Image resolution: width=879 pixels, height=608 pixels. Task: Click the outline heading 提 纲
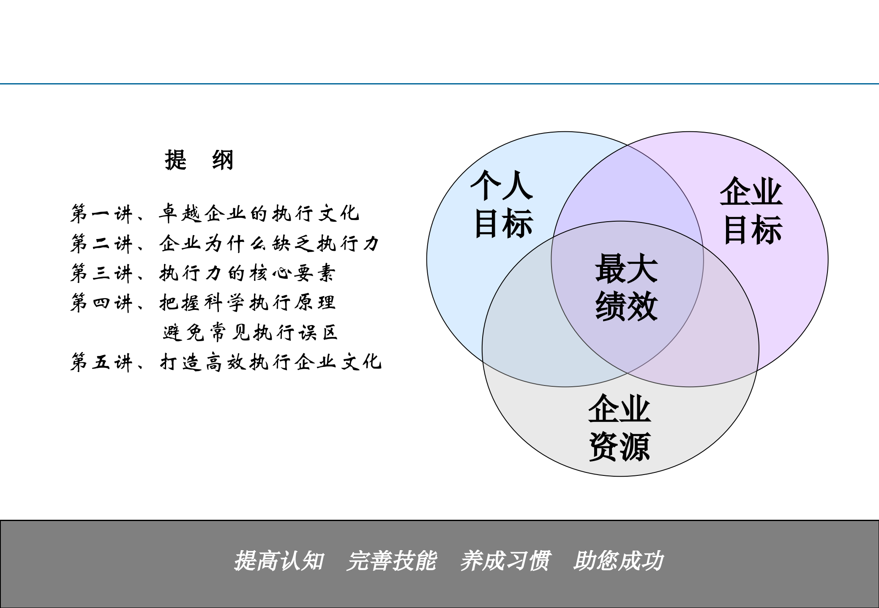click(199, 160)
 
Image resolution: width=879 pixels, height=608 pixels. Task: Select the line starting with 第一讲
click(215, 214)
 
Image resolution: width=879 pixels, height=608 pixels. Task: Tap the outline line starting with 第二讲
click(225, 244)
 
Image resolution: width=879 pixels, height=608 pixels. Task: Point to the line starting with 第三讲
click(203, 273)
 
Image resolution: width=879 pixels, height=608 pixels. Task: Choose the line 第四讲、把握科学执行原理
click(203, 303)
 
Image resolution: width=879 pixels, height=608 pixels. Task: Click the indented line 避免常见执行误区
click(250, 333)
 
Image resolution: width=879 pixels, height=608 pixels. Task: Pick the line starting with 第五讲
click(226, 362)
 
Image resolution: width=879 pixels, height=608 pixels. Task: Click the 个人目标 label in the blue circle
click(502, 204)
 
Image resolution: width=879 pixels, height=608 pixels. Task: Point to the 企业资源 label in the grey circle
click(620, 427)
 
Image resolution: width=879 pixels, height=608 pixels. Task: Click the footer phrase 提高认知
click(279, 561)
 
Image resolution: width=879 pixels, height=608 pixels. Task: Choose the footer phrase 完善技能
click(391, 561)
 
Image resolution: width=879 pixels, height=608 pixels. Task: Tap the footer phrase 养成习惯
click(505, 561)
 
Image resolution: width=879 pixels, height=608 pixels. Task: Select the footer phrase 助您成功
click(618, 561)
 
